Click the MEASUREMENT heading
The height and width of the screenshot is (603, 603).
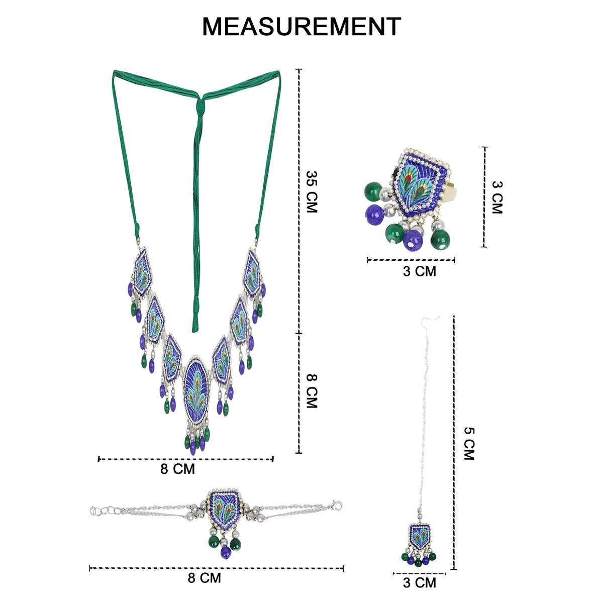coord(301,27)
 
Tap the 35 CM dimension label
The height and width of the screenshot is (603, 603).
coord(312,191)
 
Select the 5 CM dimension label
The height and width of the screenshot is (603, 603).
coord(469,443)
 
